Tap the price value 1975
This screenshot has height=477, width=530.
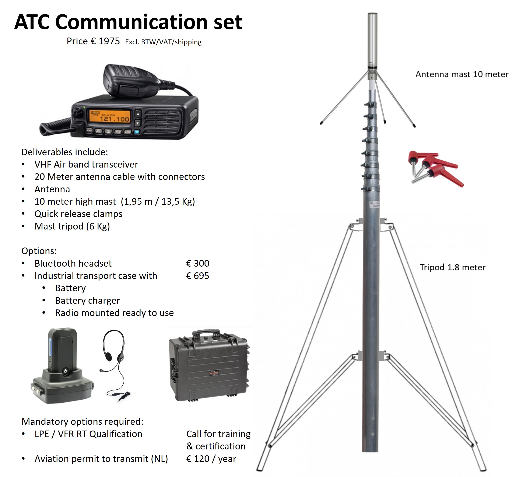point(109,41)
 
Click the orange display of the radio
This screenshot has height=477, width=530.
point(110,116)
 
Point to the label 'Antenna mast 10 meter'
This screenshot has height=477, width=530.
point(462,74)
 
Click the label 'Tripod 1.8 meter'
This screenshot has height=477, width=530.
point(452,267)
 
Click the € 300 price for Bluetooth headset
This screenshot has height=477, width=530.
point(198,263)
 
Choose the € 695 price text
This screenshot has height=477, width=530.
point(198,276)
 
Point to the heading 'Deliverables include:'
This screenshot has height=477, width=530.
point(64,152)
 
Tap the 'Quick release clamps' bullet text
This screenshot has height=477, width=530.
point(78,214)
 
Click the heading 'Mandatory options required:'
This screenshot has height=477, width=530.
point(82,422)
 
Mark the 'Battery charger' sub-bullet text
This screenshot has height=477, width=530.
point(88,301)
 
